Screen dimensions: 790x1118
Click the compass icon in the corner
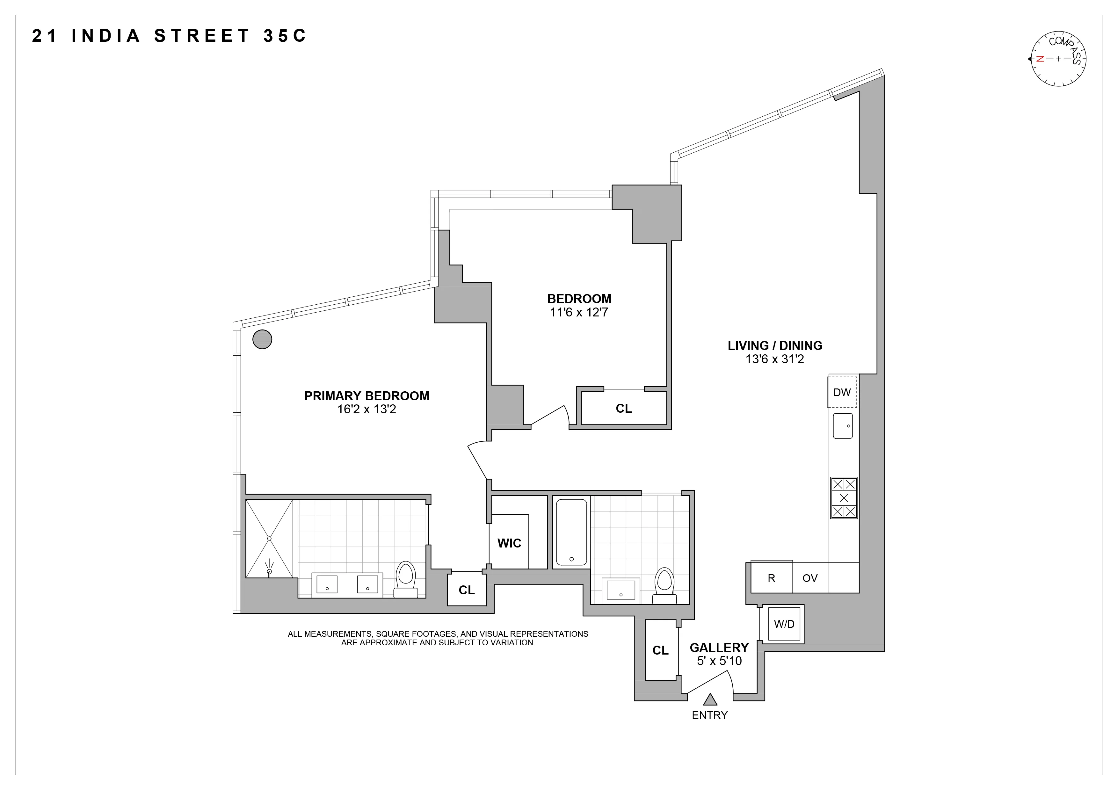click(x=1059, y=59)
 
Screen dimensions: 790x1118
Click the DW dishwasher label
click(x=842, y=392)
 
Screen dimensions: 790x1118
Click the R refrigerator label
click(x=771, y=578)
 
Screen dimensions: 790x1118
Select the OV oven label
click(x=810, y=578)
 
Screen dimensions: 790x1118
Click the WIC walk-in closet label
click(x=509, y=543)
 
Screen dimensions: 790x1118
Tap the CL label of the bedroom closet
click(x=624, y=409)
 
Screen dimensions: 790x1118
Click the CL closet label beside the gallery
click(x=660, y=651)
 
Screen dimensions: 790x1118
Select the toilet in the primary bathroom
click(x=406, y=579)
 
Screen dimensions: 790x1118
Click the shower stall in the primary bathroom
click(x=269, y=538)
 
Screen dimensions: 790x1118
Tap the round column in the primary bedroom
click(x=262, y=339)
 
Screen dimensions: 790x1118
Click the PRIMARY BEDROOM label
click(x=367, y=396)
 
